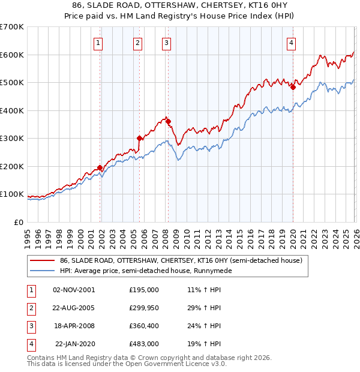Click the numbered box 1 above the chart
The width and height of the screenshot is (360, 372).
(x=98, y=43)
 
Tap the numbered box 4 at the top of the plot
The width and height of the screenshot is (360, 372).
(x=291, y=43)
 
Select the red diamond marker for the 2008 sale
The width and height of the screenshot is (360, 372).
(x=169, y=121)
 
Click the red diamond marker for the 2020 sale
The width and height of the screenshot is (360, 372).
(x=293, y=87)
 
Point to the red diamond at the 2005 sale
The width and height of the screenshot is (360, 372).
(x=140, y=138)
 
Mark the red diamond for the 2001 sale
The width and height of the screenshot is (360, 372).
(x=100, y=167)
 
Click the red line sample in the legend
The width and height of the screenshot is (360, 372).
(x=42, y=261)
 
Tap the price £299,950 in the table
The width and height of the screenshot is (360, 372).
(x=144, y=308)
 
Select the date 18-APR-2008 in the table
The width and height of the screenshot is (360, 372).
(x=74, y=326)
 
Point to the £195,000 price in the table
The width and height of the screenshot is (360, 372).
(x=144, y=290)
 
